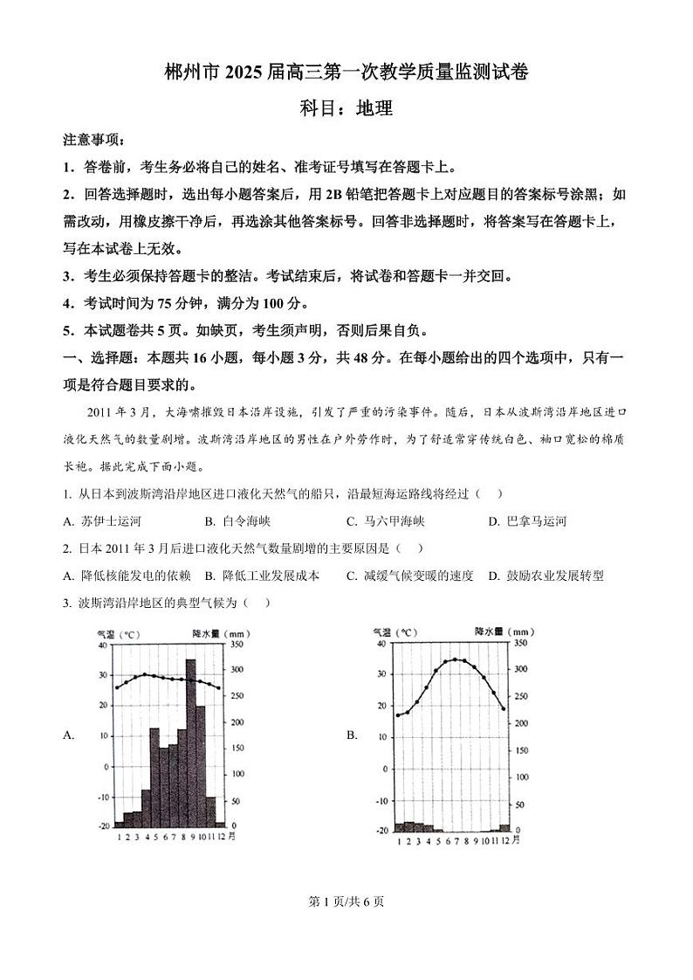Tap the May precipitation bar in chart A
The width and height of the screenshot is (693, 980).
(154, 776)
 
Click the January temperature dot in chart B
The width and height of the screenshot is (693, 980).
(398, 715)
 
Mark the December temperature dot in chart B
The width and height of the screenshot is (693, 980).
(504, 708)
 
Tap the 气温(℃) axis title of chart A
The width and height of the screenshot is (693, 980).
(120, 633)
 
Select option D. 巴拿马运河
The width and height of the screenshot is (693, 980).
(528, 521)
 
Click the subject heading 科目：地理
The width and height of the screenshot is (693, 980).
(346, 109)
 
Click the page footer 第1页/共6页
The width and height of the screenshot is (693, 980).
(346, 902)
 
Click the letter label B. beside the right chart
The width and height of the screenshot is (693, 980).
(353, 735)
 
